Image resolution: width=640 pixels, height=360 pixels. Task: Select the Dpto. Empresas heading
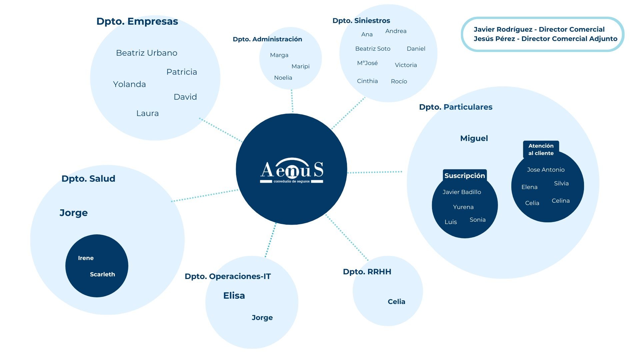coord(137,21)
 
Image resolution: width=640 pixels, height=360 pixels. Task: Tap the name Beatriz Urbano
coord(146,53)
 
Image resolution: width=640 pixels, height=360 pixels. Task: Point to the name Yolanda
coord(129,84)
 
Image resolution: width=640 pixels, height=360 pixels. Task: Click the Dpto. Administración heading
coord(267,39)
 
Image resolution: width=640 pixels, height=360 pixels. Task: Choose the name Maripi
coord(300,66)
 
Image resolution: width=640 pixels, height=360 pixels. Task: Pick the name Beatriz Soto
coord(373,49)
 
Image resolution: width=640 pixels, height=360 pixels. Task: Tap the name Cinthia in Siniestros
coord(367,81)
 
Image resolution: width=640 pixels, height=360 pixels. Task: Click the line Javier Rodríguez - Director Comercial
coord(539,29)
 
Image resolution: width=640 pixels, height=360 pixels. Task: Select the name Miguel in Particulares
coord(474,138)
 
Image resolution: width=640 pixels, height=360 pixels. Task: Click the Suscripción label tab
coord(464,176)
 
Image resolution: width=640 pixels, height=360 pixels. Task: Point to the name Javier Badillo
coord(462,192)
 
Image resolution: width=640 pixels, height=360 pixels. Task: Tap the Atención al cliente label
coord(541,149)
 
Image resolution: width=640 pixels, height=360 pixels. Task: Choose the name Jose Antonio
coord(546,170)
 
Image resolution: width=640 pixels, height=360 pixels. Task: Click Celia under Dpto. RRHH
coord(396,302)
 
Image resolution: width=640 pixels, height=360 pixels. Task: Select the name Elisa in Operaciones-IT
coord(234,296)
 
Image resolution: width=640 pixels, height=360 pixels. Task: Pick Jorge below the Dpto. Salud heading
coord(74,213)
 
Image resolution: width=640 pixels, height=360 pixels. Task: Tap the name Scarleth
coord(102,274)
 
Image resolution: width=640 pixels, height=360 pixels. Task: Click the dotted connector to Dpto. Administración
coord(292,101)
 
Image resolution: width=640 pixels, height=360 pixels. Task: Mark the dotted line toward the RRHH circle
coord(347,237)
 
